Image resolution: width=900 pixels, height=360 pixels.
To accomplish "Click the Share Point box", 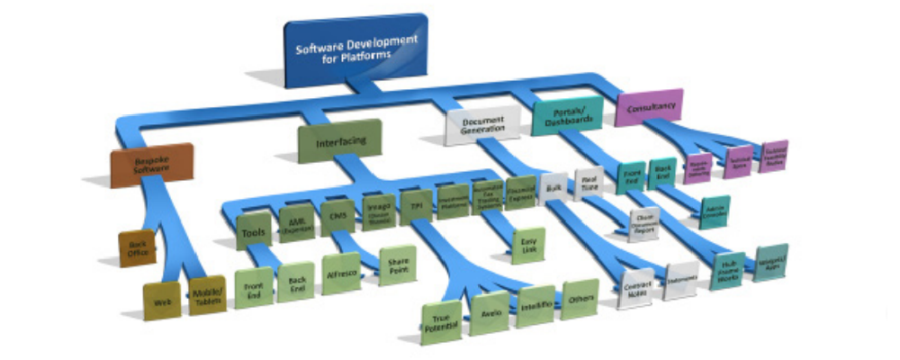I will click(395, 265).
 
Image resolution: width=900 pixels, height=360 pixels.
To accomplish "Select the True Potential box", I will click(442, 321).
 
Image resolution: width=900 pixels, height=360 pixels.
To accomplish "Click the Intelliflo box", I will click(536, 306).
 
